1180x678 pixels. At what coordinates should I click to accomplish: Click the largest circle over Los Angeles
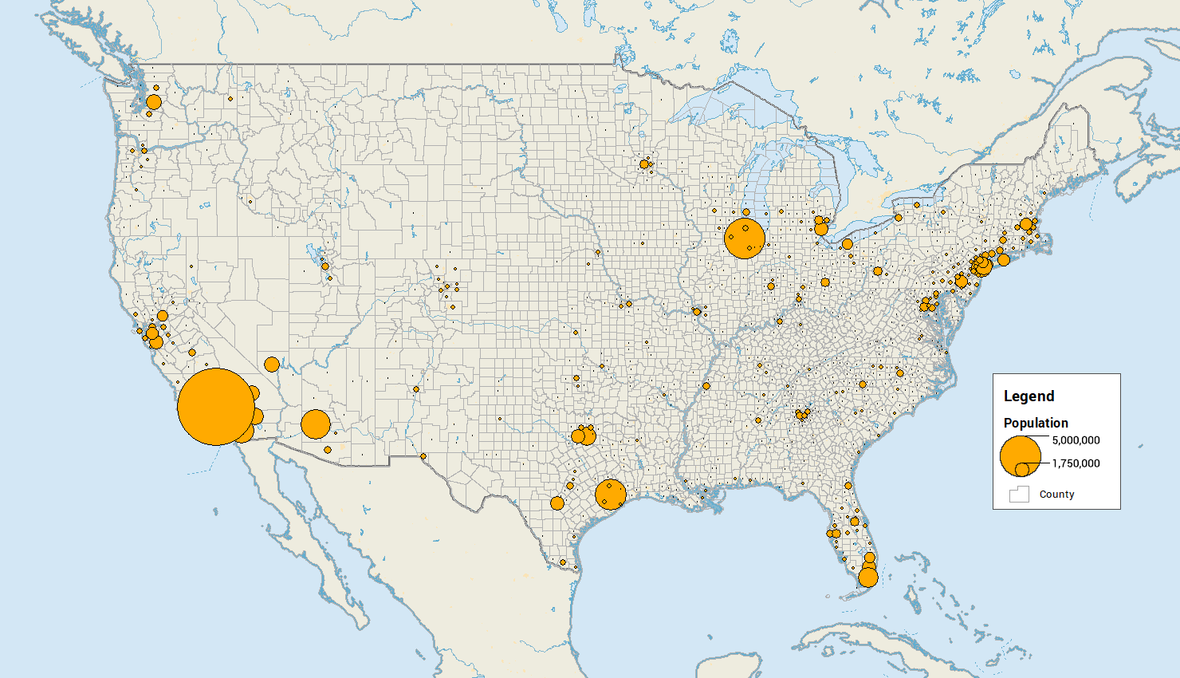(216, 407)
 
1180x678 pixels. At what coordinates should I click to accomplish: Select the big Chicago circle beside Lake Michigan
(745, 238)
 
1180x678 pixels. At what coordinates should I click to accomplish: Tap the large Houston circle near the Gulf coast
(611, 495)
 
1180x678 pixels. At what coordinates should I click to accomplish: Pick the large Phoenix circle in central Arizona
(316, 424)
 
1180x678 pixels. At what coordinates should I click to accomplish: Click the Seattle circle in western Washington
(154, 102)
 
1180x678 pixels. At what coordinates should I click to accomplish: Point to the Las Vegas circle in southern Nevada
(272, 365)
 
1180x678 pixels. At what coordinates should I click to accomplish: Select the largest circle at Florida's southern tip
(868, 577)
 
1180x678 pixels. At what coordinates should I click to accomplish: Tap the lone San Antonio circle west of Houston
(557, 503)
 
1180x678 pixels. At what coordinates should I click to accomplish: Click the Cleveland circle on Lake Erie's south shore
(848, 244)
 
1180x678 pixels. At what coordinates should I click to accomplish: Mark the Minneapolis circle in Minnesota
(644, 164)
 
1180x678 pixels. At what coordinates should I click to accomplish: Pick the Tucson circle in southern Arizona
(328, 450)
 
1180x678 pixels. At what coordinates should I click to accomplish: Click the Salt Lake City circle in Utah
(324, 266)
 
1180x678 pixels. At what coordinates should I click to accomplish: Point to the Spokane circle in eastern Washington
(230, 99)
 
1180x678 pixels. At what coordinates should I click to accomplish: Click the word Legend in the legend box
(1029, 396)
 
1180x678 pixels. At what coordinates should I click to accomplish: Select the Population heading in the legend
(1036, 423)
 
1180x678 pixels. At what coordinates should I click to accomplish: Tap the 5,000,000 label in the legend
(1076, 440)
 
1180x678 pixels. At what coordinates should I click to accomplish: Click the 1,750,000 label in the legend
(1076, 463)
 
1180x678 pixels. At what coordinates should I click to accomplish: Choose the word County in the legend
(1056, 495)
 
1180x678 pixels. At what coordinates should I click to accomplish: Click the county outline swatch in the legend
(1019, 495)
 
